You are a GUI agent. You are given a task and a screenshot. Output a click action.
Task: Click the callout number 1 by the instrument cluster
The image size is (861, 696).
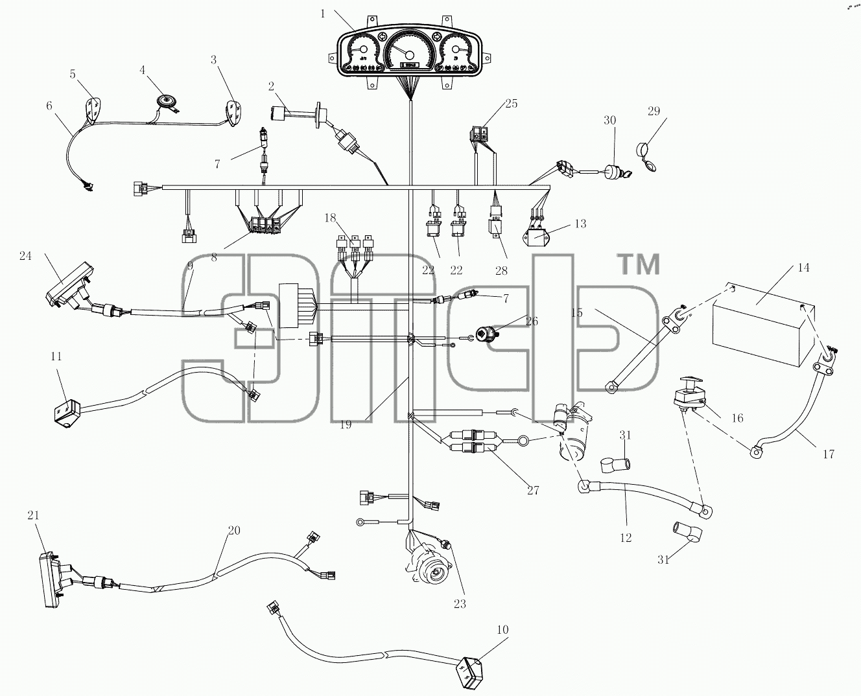[x=323, y=14]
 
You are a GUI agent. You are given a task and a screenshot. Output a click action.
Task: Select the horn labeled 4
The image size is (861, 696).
[x=165, y=100]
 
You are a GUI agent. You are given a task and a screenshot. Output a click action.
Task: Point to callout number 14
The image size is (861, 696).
[x=803, y=268]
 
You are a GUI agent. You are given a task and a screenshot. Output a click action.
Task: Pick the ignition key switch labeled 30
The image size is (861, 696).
[x=615, y=172]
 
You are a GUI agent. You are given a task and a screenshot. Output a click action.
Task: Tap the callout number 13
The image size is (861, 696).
[x=580, y=224]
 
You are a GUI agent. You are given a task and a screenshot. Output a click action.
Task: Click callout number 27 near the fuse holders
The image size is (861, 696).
[x=533, y=491]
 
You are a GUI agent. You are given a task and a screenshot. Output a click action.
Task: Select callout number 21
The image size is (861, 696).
[x=33, y=515]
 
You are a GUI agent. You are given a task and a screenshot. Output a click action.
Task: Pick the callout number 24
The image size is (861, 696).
[x=25, y=256]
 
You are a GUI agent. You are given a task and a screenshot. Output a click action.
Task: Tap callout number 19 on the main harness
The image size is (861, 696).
[x=346, y=424]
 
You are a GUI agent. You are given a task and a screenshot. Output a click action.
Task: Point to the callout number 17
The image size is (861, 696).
[x=828, y=454]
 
